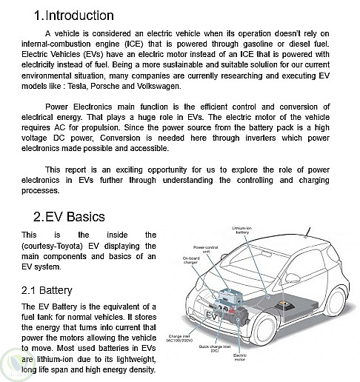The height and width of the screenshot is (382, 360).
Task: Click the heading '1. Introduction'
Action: click(x=74, y=16)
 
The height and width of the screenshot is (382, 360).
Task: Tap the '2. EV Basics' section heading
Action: click(x=69, y=216)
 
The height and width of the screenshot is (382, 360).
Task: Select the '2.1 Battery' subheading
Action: click(x=47, y=290)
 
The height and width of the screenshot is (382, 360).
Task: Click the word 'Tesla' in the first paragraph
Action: click(x=77, y=86)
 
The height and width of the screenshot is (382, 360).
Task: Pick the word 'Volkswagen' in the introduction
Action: click(x=159, y=86)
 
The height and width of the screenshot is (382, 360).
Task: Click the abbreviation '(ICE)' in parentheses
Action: click(x=134, y=44)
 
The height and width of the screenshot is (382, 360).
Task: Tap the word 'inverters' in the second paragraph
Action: click(x=261, y=138)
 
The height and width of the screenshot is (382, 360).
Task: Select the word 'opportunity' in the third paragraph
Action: click(x=167, y=170)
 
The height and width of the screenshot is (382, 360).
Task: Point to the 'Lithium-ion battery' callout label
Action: click(x=242, y=230)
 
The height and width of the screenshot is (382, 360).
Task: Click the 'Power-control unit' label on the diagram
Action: click(x=205, y=249)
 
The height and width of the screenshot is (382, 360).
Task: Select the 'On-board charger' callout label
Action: click(x=191, y=261)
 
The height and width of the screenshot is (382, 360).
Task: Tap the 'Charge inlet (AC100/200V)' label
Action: click(x=179, y=338)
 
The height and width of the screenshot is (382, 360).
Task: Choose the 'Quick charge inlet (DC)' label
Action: click(x=215, y=349)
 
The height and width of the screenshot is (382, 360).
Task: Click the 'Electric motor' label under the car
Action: click(x=239, y=358)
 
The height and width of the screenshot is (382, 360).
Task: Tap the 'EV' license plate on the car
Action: click(x=211, y=315)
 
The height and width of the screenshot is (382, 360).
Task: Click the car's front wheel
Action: click(x=264, y=329)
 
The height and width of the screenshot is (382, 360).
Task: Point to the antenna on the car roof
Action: click(x=307, y=232)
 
